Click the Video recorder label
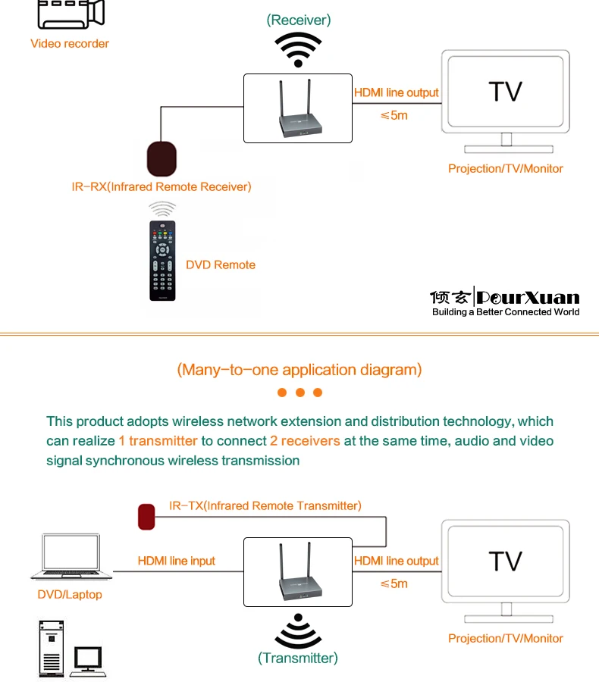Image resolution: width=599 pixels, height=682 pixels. pos(70,43)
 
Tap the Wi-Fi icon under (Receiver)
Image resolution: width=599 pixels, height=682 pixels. pos(298,49)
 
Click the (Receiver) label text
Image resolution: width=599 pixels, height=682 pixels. pos(299,20)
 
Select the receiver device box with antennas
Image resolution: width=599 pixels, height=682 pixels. pos(298,108)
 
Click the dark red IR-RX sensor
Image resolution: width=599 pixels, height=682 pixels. pos(162,157)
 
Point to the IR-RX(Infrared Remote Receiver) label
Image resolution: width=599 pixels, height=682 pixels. pos(162,186)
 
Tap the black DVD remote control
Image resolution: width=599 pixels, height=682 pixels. pos(162,261)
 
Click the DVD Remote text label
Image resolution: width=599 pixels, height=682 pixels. pos(221,264)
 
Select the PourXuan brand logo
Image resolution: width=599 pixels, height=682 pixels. pos(504,296)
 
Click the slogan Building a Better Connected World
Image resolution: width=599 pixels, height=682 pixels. pos(506,312)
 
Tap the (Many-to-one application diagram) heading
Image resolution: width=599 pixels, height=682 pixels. pos(299,370)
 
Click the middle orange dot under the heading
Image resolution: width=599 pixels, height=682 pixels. pos(299,393)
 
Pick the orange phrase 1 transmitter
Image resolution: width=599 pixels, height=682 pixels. pos(158,441)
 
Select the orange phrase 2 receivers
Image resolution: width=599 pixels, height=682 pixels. pos(310,441)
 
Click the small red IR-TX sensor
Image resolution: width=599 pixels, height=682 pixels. pos(146,517)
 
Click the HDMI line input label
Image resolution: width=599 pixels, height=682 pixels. pos(177,561)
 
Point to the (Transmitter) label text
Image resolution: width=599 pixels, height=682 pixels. pos(298,658)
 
